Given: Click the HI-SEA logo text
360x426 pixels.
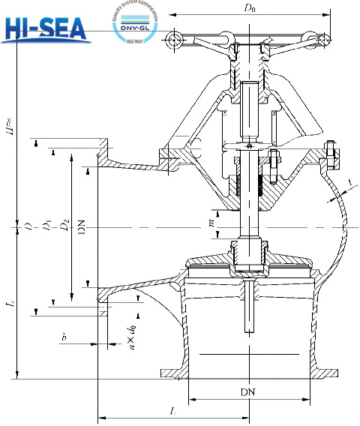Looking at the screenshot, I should (46, 28).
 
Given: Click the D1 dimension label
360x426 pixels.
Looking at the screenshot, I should (46, 226).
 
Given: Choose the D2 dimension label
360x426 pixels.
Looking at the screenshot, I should (66, 224).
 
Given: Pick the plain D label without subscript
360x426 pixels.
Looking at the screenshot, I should (28, 226).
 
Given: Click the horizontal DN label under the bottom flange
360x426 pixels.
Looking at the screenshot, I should (247, 392).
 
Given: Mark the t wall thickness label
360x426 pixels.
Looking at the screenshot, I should (349, 183).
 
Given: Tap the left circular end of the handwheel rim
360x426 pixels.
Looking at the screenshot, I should (175, 38).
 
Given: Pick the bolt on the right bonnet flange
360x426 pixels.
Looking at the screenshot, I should (330, 154).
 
